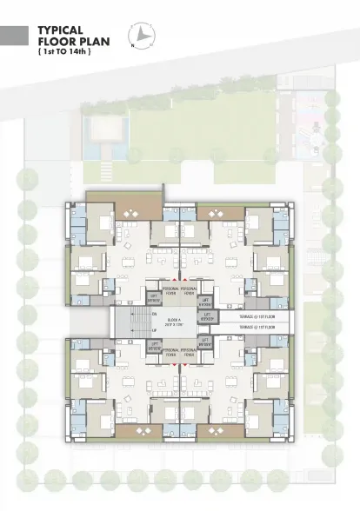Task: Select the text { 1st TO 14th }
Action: [65, 51]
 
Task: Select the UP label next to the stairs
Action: [155, 331]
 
